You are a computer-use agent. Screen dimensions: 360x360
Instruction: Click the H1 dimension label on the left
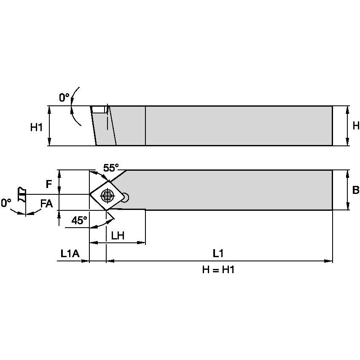point(37,127)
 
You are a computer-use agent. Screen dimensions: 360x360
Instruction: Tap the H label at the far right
point(356,126)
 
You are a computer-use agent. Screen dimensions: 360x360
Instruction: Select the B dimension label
point(356,190)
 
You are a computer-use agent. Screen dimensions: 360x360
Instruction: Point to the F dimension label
point(48,184)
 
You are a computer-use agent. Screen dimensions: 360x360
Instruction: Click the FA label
point(47,204)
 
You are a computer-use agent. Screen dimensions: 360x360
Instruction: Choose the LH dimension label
point(118,236)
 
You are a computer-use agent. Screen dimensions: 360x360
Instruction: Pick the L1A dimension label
point(70,254)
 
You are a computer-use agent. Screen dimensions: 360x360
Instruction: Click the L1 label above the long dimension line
point(218,254)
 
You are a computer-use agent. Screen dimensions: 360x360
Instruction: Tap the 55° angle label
point(111,168)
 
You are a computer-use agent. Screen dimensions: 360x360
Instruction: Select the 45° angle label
point(79,220)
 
